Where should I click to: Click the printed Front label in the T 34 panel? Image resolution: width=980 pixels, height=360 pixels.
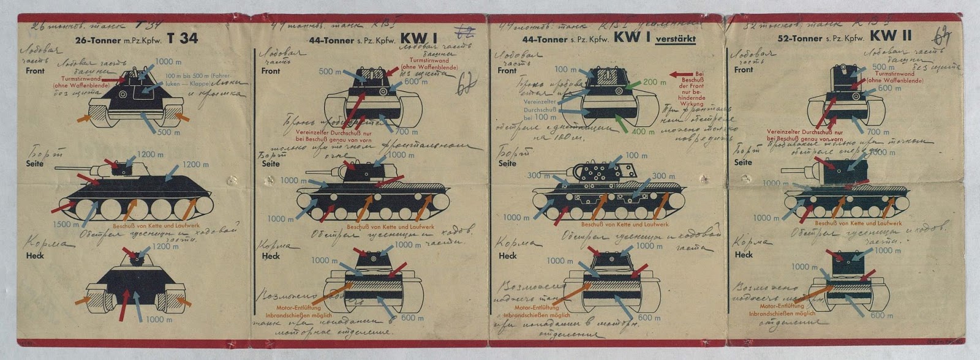point(36,71)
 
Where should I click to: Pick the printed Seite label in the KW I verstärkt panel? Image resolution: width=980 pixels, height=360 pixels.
point(507,164)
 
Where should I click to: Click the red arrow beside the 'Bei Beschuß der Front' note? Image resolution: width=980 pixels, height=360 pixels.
point(680,74)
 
